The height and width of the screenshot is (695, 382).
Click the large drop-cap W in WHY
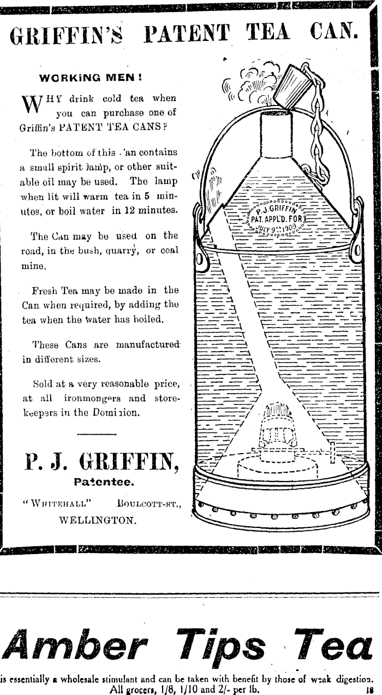click(x=31, y=105)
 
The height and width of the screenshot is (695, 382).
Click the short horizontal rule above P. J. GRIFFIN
click(x=97, y=435)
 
